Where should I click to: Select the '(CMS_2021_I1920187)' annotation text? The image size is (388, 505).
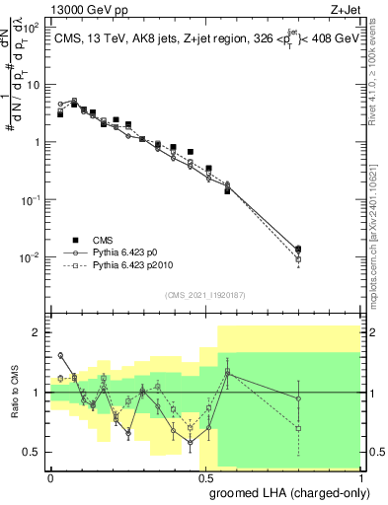click(206, 293)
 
